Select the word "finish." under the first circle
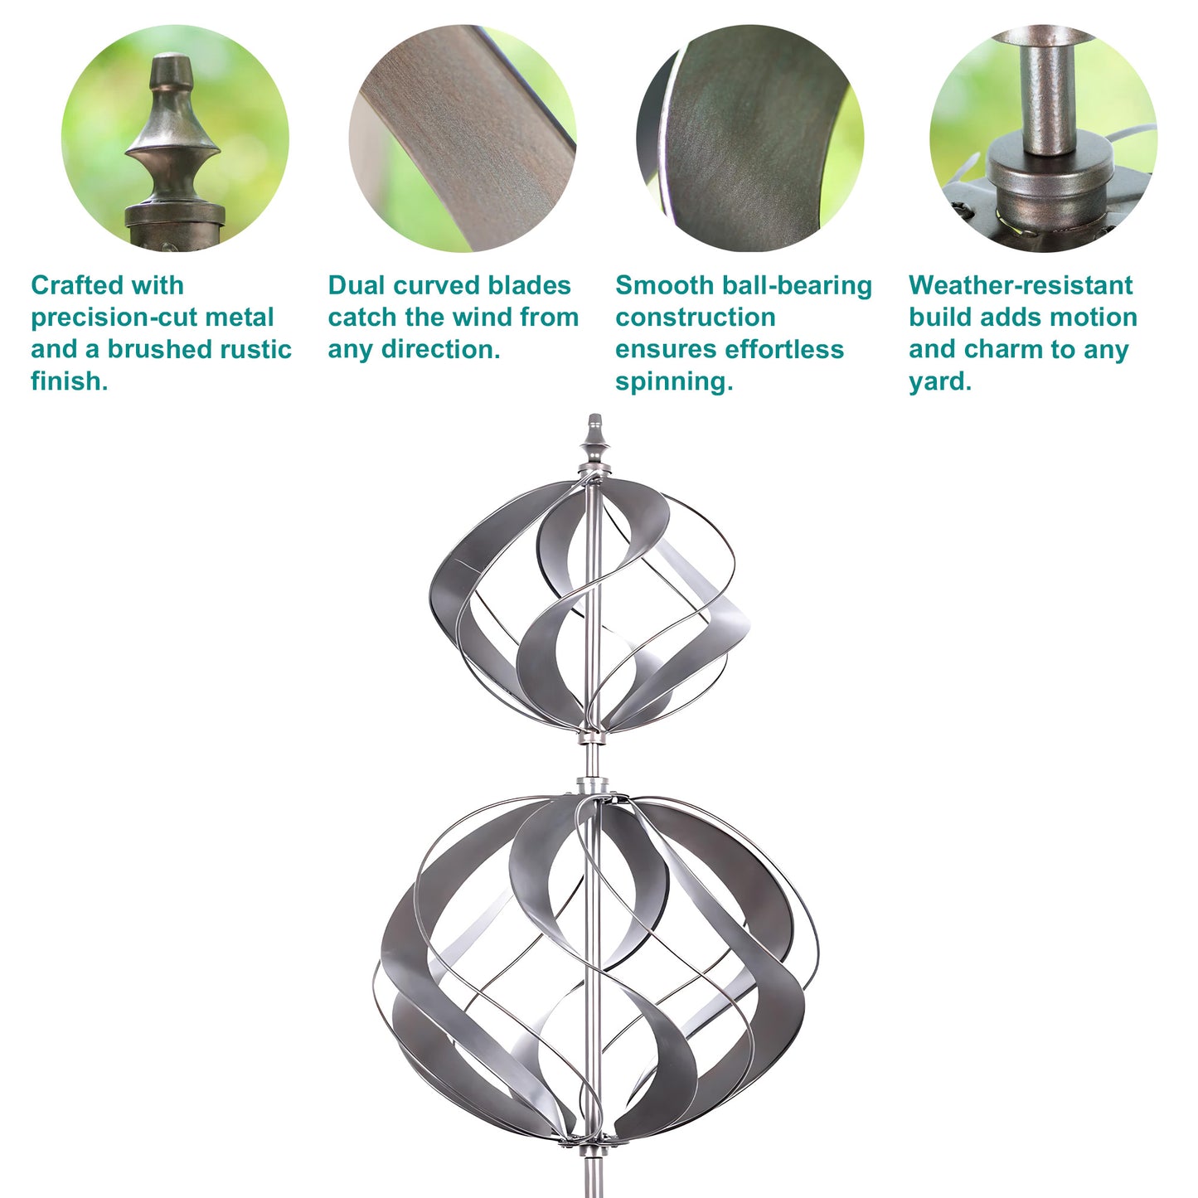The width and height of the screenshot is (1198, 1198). point(70,381)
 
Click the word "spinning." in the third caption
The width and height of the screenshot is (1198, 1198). point(675,382)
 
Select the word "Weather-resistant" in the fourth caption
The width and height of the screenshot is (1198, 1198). point(1021,286)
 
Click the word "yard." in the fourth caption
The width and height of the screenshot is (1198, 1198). point(940,382)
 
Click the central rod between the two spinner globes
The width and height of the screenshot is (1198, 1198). point(594,759)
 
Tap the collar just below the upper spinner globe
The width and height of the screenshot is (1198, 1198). point(592,737)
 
